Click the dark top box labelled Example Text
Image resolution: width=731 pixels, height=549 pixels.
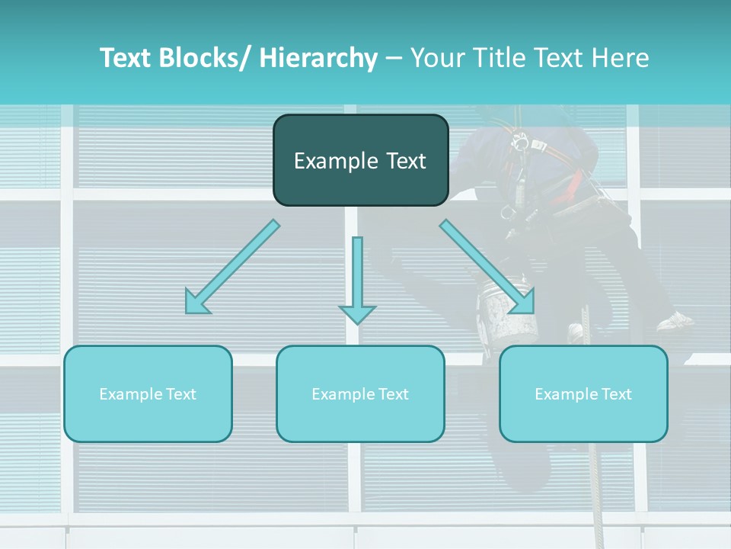click(360, 160)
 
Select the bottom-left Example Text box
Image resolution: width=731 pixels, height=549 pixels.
click(148, 393)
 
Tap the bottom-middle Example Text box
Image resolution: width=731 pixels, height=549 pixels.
click(360, 393)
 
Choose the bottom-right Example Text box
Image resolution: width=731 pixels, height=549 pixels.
click(583, 393)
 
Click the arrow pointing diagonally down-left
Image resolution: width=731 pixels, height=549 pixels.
click(232, 267)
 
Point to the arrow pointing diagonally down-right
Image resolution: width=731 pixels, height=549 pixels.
click(487, 267)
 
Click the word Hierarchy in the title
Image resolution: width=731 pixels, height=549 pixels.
click(318, 58)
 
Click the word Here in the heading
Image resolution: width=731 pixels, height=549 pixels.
click(620, 58)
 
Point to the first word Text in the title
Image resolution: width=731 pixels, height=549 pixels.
click(129, 58)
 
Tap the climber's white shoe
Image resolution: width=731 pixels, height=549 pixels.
click(675, 321)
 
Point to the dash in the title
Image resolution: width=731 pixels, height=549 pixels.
click(394, 58)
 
